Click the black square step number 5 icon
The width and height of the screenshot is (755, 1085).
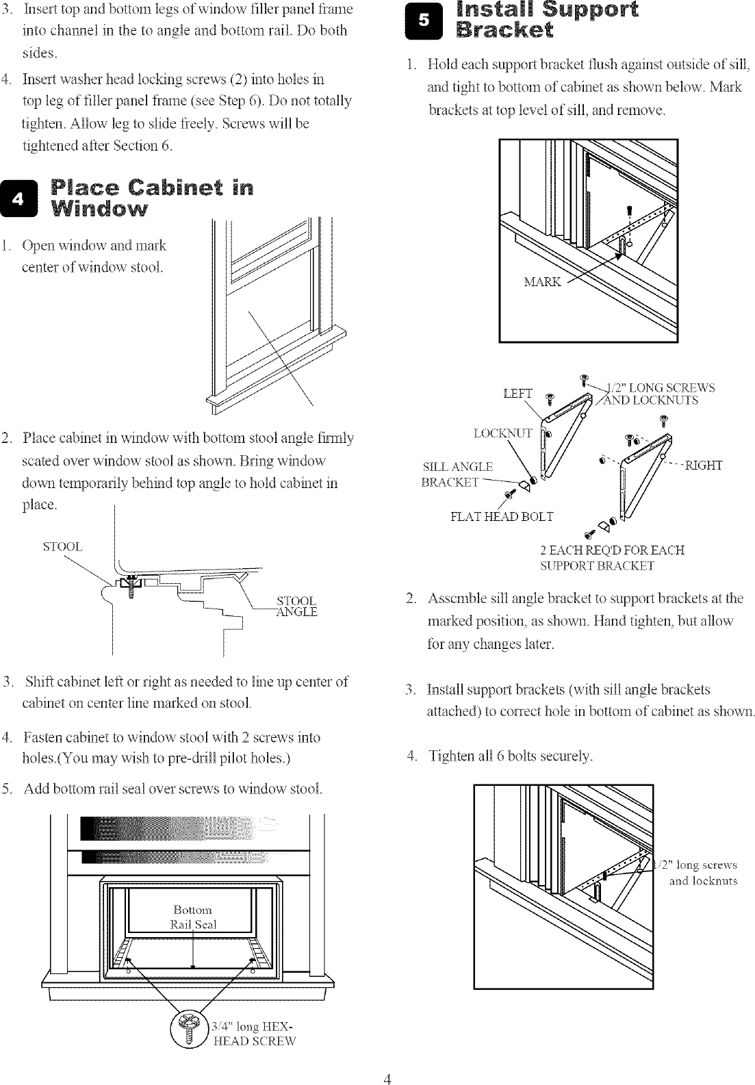pos(424,21)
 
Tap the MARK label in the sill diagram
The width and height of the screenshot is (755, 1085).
pos(542,281)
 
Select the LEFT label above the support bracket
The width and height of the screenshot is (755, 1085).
pos(517,393)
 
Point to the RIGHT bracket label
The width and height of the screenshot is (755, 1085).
pos(704,466)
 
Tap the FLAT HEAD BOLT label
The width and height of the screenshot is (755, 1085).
pos(502,516)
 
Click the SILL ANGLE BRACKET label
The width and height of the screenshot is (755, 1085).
pos(457,474)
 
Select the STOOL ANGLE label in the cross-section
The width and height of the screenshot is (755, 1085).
pos(296,607)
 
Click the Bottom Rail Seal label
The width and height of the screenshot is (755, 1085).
pos(194,917)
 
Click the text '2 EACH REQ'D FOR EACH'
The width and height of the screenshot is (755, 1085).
pos(612,550)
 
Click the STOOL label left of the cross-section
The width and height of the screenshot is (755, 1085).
pos(62,546)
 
